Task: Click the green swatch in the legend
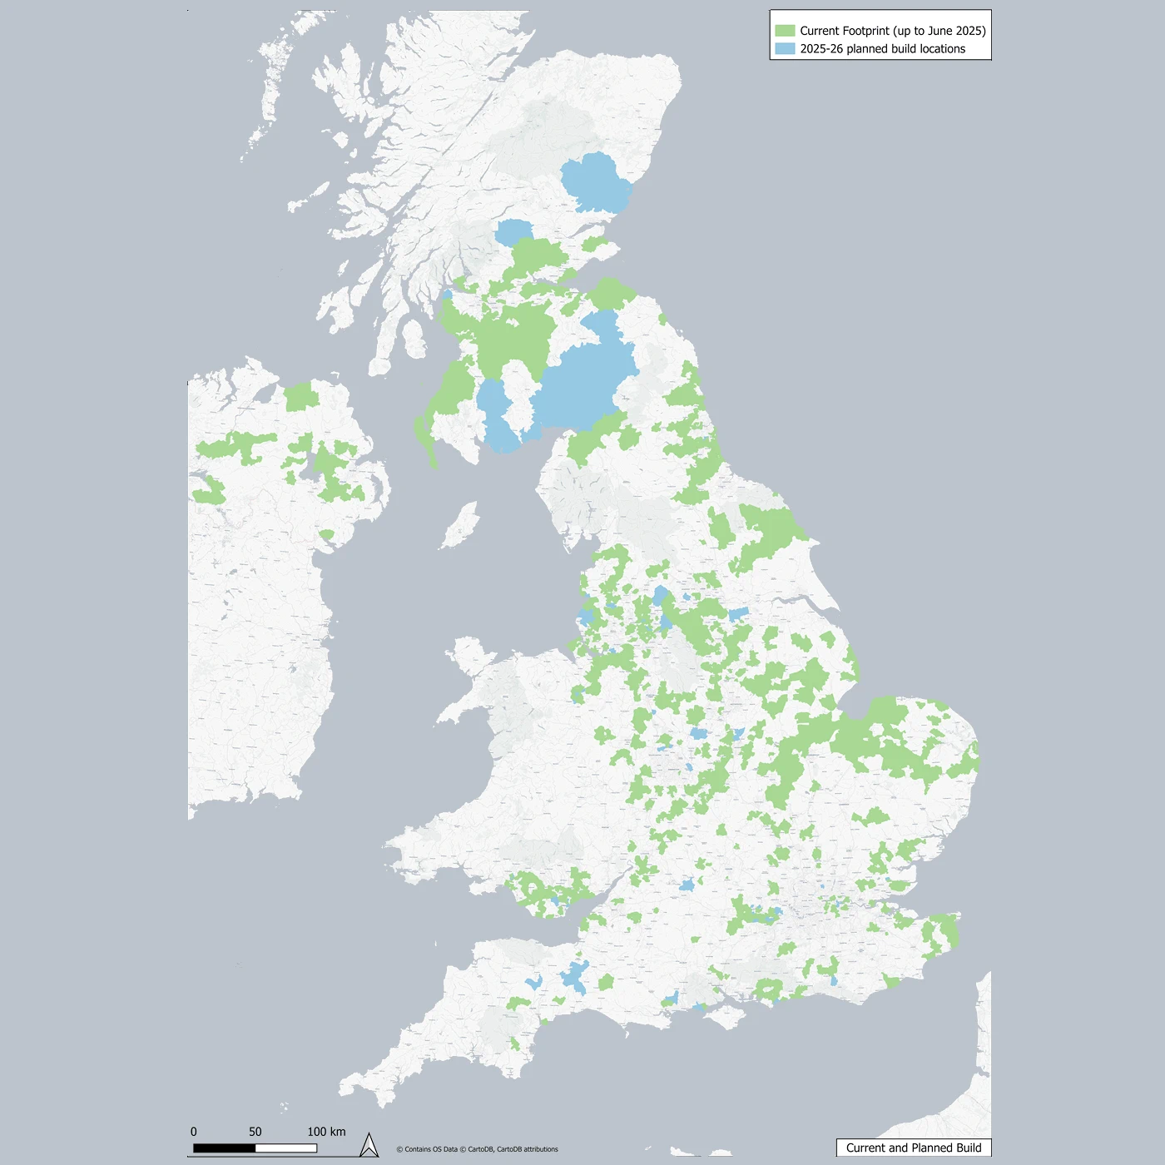click(785, 31)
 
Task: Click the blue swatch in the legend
click(785, 49)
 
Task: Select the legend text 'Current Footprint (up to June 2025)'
click(892, 31)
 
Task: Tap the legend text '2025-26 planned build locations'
click(882, 49)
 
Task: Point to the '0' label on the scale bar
click(194, 1132)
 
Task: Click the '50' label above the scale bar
click(255, 1132)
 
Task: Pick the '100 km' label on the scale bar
click(326, 1132)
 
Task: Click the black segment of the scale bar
click(225, 1148)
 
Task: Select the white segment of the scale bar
click(286, 1148)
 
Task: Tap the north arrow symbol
click(369, 1146)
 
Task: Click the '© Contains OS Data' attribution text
click(427, 1149)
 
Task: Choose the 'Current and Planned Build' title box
click(913, 1148)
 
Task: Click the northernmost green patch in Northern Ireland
click(301, 396)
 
